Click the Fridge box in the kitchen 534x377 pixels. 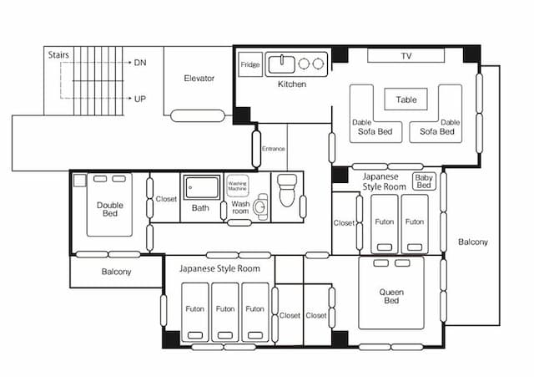coord(250,64)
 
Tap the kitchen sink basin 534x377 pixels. coord(282,64)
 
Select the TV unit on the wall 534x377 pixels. coord(406,56)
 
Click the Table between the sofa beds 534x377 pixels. coord(406,99)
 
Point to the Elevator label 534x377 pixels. coord(199,78)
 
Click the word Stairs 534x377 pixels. coord(58,55)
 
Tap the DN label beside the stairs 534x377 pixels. coord(140,63)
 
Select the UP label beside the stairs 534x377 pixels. coord(140,99)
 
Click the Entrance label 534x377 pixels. coord(273,149)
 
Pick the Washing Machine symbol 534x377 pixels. coord(237,186)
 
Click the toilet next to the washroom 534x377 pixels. coord(287,191)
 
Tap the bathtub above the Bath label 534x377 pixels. coord(202,187)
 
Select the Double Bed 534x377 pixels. coord(109,205)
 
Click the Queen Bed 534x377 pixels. coord(391,293)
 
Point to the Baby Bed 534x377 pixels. coord(424,181)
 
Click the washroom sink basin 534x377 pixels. coord(260,206)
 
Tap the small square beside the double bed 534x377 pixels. coord(80,181)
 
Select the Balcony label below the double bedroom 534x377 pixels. coord(116,272)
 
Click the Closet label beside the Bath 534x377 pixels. coord(166,199)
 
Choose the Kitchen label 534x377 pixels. coord(292,84)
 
